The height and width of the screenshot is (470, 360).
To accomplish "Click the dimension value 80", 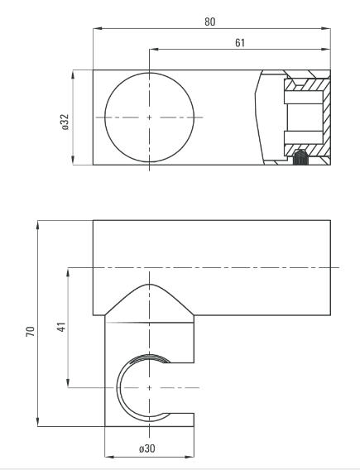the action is (x=210, y=22).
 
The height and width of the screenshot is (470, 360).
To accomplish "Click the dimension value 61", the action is (x=240, y=43).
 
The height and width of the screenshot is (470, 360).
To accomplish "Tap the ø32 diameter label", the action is (x=65, y=122).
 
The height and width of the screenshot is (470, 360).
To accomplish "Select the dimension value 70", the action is (x=31, y=331).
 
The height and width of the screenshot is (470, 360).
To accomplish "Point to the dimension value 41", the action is (x=61, y=327).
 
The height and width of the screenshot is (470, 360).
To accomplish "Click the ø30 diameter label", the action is (x=146, y=448).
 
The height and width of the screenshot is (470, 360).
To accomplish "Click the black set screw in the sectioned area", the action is (x=300, y=158).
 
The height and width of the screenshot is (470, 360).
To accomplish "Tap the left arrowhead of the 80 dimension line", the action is (x=98, y=28).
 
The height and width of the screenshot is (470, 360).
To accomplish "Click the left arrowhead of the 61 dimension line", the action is (x=154, y=49).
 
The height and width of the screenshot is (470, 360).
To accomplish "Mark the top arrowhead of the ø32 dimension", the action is (x=73, y=75).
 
